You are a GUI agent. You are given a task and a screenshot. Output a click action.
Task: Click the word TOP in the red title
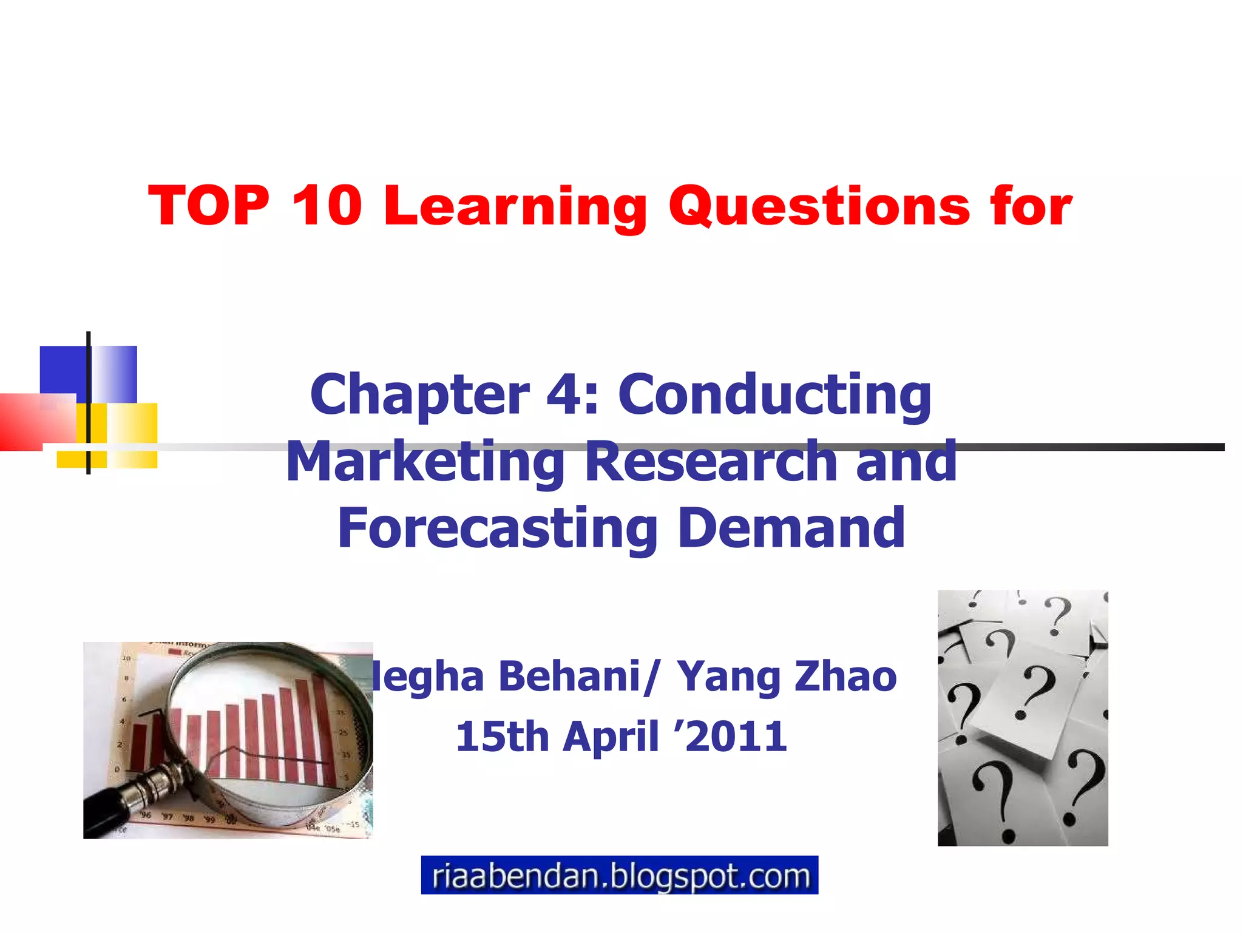209,206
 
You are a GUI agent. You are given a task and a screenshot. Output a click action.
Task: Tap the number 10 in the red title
327,206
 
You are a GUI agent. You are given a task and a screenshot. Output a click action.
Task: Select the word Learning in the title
515,207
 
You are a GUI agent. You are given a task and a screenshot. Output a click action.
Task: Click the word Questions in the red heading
819,207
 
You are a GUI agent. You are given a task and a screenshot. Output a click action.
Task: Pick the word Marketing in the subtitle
425,462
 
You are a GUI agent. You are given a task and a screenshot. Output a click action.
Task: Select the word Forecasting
498,529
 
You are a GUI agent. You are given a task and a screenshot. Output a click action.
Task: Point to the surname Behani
570,677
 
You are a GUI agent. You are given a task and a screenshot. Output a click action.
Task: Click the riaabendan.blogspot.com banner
619,875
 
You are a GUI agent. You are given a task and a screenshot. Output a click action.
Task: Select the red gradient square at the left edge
24,422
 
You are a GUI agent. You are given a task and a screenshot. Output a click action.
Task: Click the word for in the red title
1032,206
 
